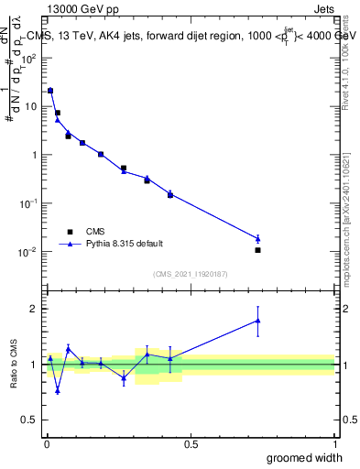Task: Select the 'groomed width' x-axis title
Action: [x=304, y=457]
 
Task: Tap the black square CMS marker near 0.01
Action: [x=258, y=250]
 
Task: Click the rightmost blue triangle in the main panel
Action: [x=258, y=238]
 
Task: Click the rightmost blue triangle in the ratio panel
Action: [x=258, y=321]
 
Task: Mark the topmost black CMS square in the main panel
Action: [x=50, y=91]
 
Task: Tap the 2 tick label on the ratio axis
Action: [x=34, y=309]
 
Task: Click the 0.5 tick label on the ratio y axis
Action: [x=30, y=421]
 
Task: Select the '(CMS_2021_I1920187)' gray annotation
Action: [x=190, y=274]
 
